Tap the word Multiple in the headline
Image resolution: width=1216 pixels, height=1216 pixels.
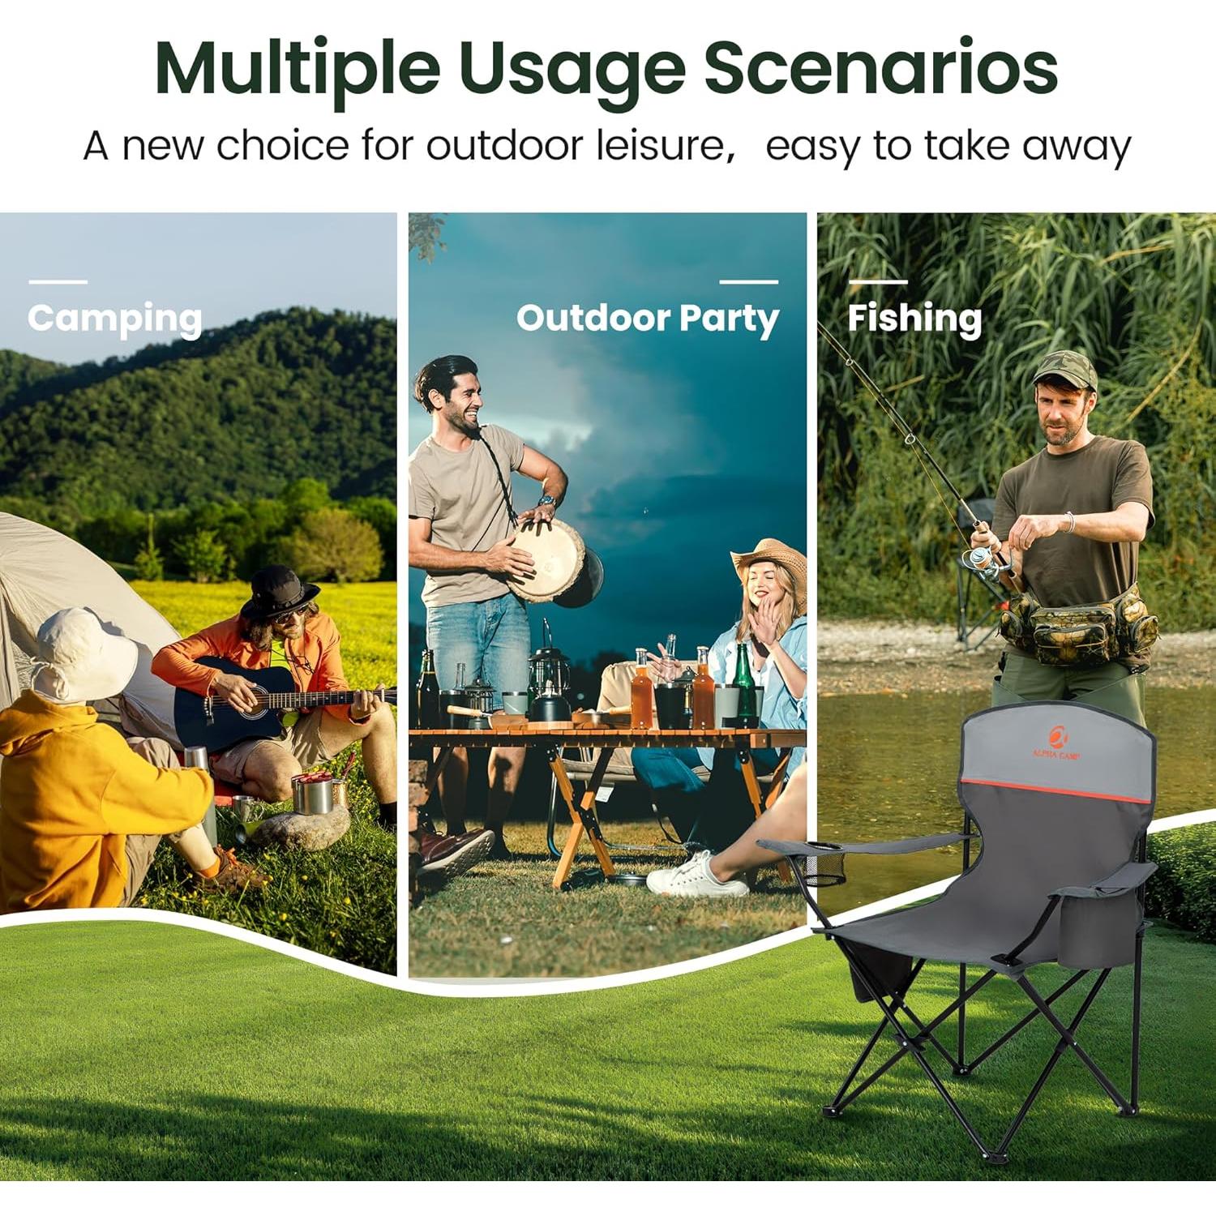pos(297,70)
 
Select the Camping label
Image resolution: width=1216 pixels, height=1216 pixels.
pos(114,319)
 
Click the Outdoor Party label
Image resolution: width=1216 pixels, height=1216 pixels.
pos(647,319)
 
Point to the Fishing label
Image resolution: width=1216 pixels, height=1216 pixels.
pos(914,318)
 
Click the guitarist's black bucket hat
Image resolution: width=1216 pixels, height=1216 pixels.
pos(280,590)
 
